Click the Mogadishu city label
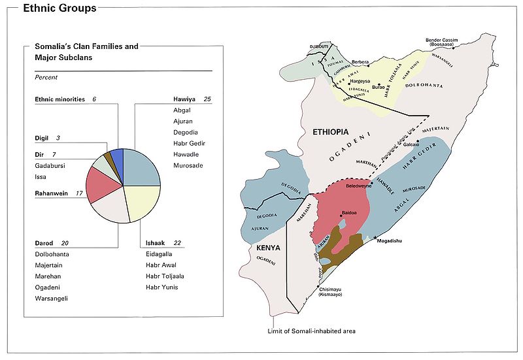point(389,241)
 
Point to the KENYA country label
point(269,248)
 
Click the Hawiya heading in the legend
point(185,99)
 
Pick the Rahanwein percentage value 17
point(78,193)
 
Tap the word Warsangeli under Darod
point(52,299)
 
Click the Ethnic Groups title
point(60,8)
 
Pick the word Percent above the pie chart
point(46,77)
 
